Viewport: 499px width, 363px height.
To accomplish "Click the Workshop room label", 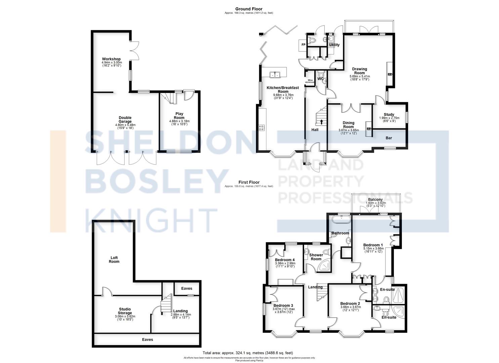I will click(x=111, y=59).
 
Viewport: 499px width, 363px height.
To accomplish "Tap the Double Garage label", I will click(x=125, y=120).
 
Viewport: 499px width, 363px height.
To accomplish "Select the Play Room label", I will click(x=179, y=116).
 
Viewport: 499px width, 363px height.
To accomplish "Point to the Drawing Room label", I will click(x=359, y=71).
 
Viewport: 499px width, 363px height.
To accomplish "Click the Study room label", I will click(x=389, y=115).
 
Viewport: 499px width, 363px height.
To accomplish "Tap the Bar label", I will click(x=389, y=138).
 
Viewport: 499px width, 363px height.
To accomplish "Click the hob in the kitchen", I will click(x=261, y=127).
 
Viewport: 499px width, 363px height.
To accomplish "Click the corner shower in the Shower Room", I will click(x=325, y=266).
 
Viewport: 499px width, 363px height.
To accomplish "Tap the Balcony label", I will click(x=375, y=200).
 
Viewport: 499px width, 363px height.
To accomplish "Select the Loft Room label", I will click(x=114, y=259).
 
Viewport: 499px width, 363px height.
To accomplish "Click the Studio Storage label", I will click(x=125, y=311).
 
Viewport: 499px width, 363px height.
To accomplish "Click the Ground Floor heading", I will click(x=249, y=9).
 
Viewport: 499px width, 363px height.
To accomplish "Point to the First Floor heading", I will click(x=249, y=183).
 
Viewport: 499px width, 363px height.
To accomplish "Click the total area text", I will click(x=248, y=353).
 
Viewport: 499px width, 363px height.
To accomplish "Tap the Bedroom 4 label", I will click(x=285, y=260).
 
